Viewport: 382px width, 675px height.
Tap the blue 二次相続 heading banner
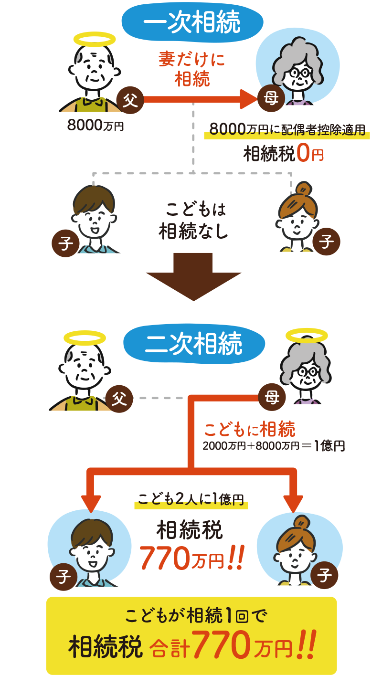click(193, 344)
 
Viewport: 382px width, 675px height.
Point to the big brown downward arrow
click(193, 277)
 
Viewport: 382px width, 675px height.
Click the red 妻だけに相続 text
click(191, 69)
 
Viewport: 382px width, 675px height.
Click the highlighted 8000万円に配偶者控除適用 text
click(287, 129)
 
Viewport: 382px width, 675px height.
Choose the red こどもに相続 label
click(249, 430)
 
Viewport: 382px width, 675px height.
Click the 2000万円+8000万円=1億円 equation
click(273, 446)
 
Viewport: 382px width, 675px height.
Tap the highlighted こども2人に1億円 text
click(191, 499)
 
